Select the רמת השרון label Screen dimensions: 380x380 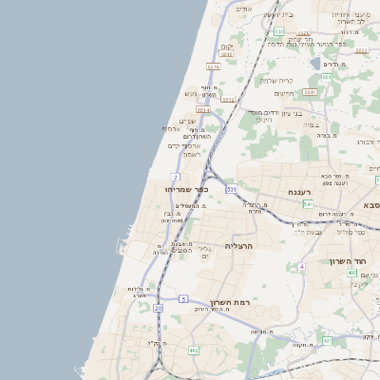coord(232,302)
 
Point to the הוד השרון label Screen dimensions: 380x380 coord(348,261)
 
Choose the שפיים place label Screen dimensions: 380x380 coord(186,121)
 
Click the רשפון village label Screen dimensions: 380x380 coord(186,154)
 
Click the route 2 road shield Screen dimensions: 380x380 coord(176,177)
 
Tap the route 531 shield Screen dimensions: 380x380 coord(231,189)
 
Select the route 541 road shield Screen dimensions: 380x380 coord(309,203)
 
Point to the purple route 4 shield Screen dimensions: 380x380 coord(301,267)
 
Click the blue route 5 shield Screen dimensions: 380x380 coord(182,299)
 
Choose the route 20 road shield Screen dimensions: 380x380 coord(159,308)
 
